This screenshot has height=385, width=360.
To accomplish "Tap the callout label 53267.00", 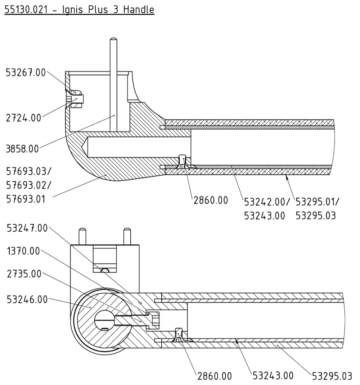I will click(x=26, y=73).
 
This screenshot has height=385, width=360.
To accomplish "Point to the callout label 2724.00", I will click(x=23, y=118).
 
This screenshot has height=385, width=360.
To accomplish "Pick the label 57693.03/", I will click(x=28, y=170).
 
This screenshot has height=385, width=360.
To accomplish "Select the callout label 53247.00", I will click(x=27, y=228).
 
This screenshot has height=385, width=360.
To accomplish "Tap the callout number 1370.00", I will click(x=23, y=251).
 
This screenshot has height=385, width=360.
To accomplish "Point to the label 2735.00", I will click(x=24, y=274).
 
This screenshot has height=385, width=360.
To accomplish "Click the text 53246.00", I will click(x=27, y=299).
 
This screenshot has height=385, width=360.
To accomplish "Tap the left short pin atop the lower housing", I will click(x=82, y=236).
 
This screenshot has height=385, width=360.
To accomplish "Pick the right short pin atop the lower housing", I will click(x=127, y=236).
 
